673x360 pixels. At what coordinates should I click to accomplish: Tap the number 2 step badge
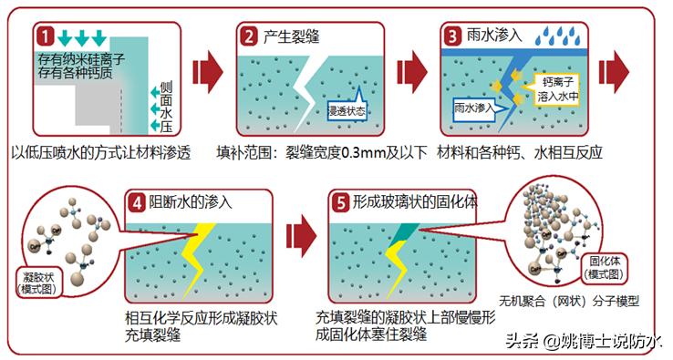[x=248, y=37]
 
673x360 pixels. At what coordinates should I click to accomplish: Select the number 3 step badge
[x=452, y=37]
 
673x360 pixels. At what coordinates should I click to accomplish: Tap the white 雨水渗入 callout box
[x=472, y=107]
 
